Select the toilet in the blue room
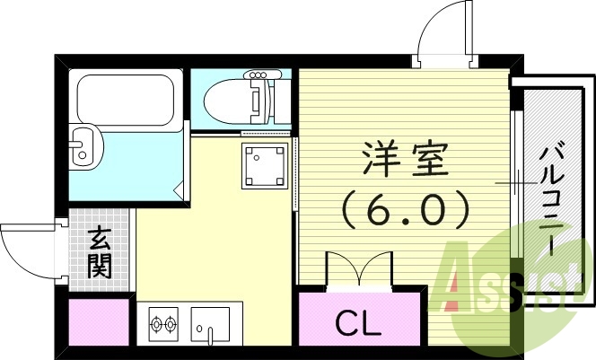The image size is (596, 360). [x=235, y=101]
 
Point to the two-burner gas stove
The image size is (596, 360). [x=163, y=323]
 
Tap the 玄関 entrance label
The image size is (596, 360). [x=99, y=252]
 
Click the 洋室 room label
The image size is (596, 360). [x=403, y=162]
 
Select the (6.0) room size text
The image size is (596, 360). [x=404, y=212]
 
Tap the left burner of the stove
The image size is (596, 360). [x=155, y=323]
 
